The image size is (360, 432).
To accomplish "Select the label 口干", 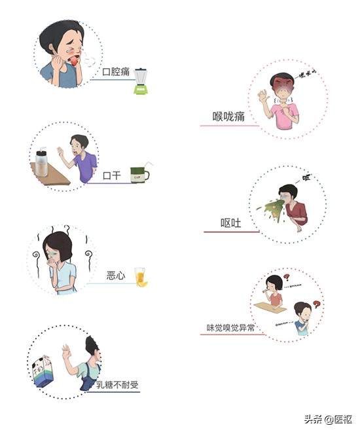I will [x=113, y=175].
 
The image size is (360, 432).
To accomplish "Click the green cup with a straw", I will [x=139, y=173].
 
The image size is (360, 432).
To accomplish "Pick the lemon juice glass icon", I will [x=140, y=277].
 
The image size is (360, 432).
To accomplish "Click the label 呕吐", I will [x=231, y=223].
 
